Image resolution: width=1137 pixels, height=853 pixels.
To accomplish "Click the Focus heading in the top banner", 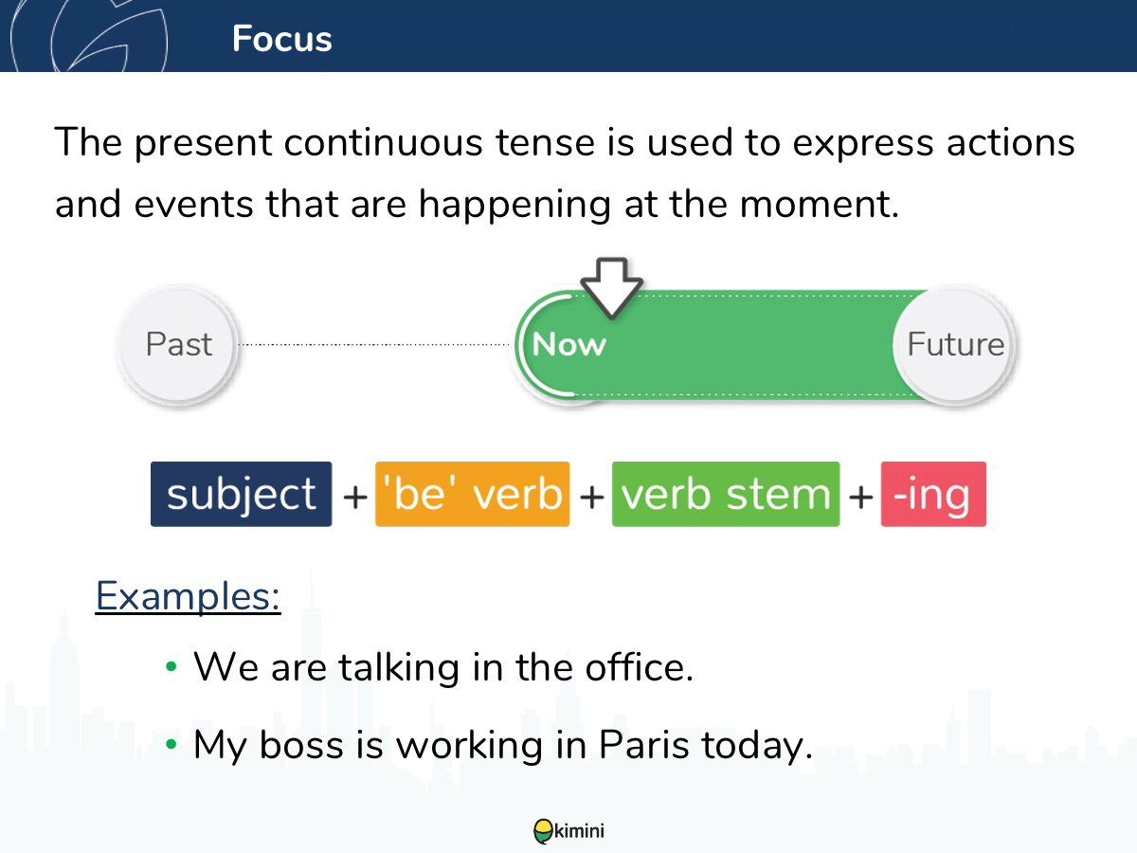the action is [x=281, y=39].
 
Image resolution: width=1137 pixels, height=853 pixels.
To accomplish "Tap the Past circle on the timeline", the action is [x=179, y=344].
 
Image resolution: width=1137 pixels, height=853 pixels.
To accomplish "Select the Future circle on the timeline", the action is [x=955, y=344].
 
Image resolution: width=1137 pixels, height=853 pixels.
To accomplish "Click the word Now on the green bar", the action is [x=568, y=344].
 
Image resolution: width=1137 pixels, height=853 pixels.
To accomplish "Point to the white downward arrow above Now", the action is [x=612, y=287].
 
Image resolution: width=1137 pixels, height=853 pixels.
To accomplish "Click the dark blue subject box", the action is [x=242, y=494].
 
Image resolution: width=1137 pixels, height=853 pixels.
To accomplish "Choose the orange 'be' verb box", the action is [x=473, y=494].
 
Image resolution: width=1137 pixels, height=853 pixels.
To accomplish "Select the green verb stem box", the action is [x=726, y=494].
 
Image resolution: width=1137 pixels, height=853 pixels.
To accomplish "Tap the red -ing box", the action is [x=933, y=494].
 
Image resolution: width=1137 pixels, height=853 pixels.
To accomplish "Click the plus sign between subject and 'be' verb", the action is [x=354, y=497].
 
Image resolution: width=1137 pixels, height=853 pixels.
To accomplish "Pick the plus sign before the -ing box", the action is [x=860, y=497].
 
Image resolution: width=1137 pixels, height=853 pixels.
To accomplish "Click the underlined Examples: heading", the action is [x=188, y=597].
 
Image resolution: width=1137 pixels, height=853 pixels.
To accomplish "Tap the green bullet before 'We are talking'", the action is [x=171, y=666].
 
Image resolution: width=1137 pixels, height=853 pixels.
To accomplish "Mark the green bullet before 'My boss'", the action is [x=171, y=744].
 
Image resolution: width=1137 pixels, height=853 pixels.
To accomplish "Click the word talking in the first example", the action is [x=399, y=669].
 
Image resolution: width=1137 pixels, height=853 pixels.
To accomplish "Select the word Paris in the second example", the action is [x=643, y=745].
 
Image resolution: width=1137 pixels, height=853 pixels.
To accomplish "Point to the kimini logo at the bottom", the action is [x=568, y=831].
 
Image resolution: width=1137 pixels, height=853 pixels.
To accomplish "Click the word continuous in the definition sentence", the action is [x=384, y=142].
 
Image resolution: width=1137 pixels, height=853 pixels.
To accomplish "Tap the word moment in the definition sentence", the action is [x=819, y=205].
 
